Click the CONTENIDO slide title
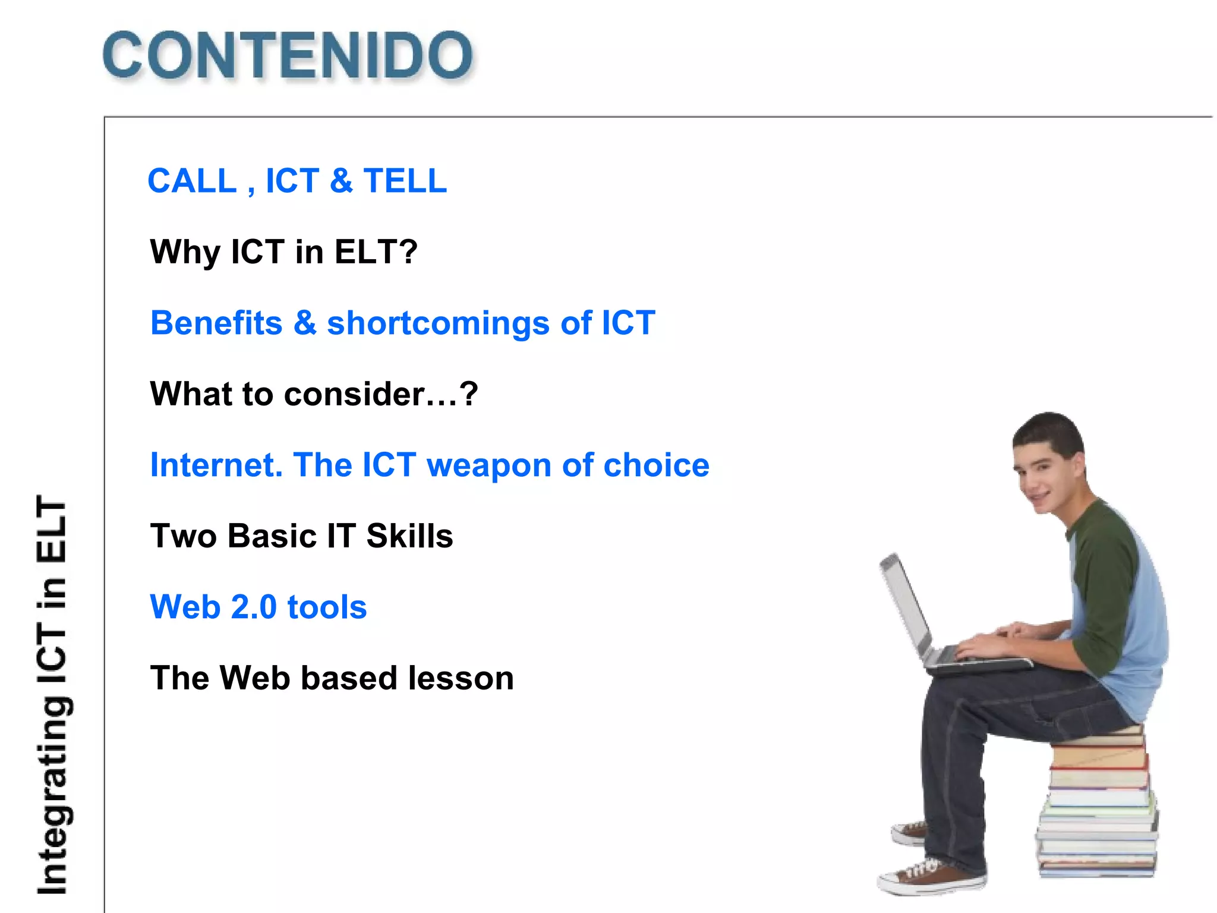tap(288, 55)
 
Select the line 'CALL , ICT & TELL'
tap(297, 181)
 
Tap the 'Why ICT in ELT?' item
tap(284, 251)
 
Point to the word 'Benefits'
tap(216, 323)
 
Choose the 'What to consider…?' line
tap(314, 394)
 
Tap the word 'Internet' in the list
tap(216, 465)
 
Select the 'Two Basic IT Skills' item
tap(301, 536)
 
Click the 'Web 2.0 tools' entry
tap(258, 607)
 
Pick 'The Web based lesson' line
tap(332, 678)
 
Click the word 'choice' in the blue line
tap(656, 465)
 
